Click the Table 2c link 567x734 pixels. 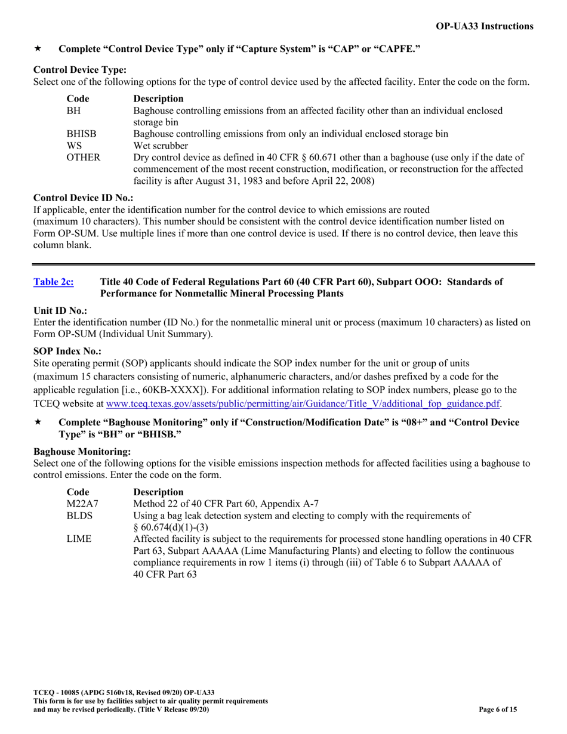(x=54, y=282)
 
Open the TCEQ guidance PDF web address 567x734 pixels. (x=303, y=403)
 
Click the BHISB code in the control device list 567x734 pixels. (x=81, y=134)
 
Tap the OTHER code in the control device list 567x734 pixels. (x=83, y=158)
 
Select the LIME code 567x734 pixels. (x=78, y=539)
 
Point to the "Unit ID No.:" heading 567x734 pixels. (x=60, y=310)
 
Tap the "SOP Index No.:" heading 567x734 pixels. (x=67, y=351)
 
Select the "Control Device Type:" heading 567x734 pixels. (x=80, y=70)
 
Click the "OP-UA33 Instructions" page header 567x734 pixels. (x=485, y=26)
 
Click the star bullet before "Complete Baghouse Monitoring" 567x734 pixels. (x=38, y=422)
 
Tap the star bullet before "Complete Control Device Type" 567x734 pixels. (x=38, y=48)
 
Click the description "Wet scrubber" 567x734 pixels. (x=161, y=146)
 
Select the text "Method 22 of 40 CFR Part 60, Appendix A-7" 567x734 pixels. (x=226, y=504)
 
